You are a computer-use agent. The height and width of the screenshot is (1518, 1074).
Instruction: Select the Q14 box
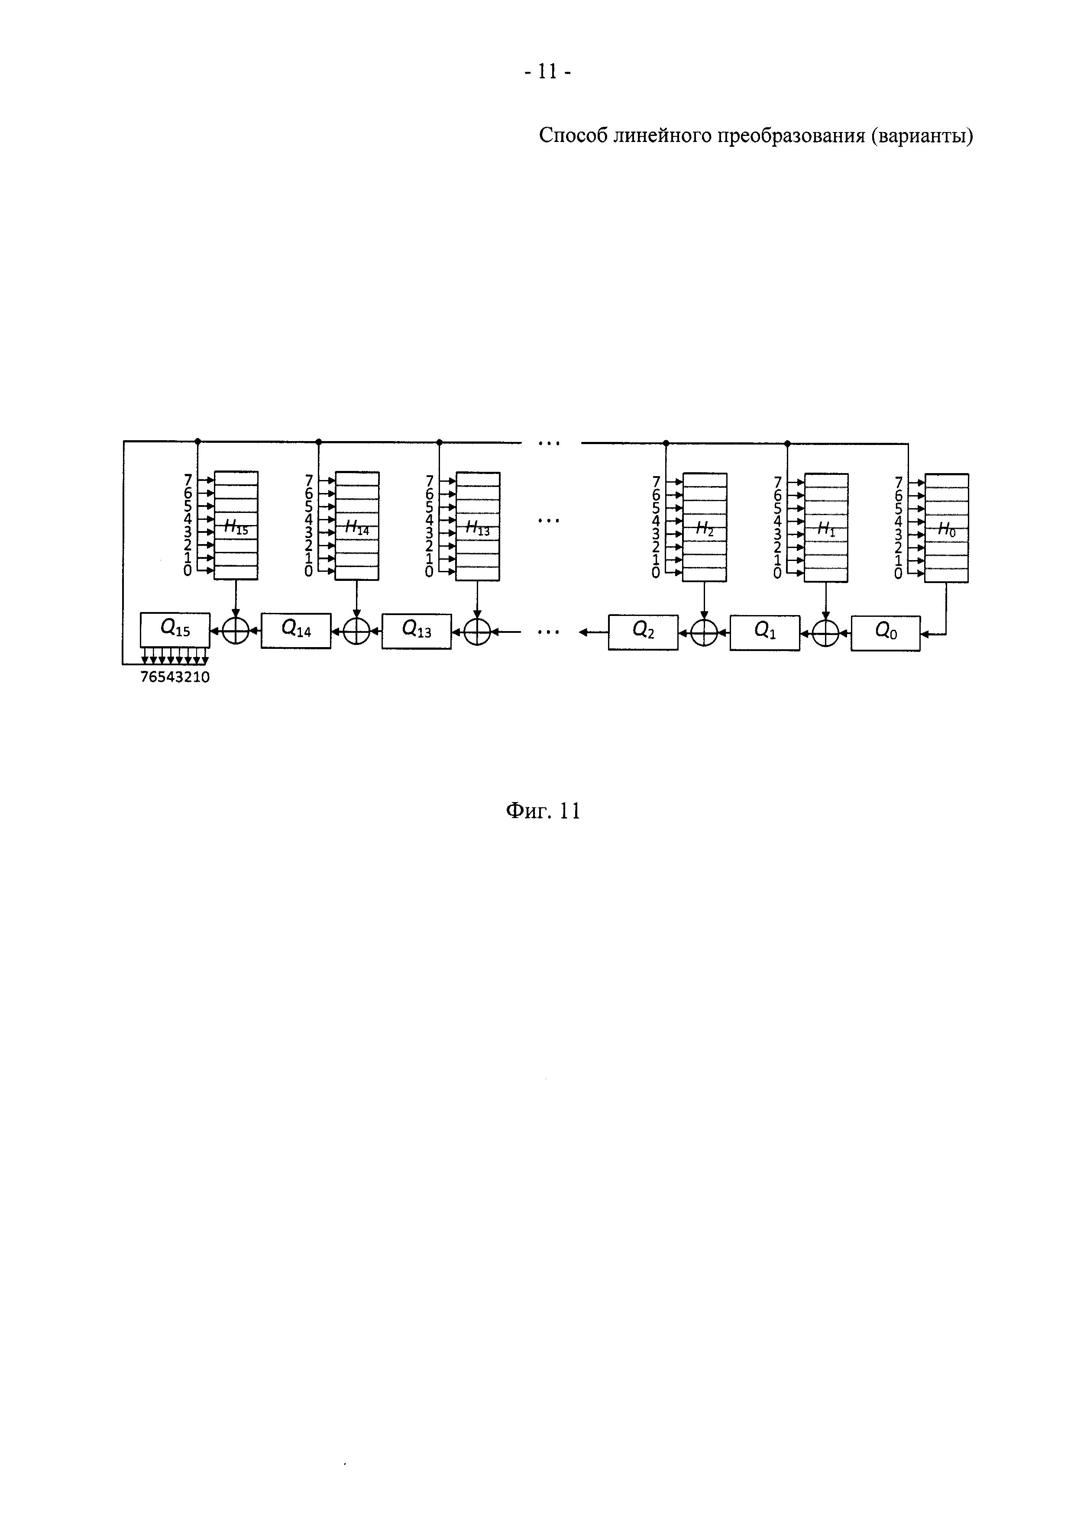[x=296, y=630]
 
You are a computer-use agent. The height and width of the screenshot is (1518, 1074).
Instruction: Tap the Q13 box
[x=417, y=632]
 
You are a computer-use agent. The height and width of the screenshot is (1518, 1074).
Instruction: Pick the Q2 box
[x=643, y=632]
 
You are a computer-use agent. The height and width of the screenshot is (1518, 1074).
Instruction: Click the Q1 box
[x=764, y=633]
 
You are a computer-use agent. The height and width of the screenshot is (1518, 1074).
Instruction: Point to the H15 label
[x=236, y=528]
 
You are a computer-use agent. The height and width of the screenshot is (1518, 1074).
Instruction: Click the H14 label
[x=357, y=528]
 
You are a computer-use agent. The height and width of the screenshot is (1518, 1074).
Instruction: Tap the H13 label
[x=478, y=528]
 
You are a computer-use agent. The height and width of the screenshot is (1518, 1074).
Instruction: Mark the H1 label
[x=826, y=529]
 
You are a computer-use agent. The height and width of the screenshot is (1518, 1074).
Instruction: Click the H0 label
[x=946, y=529]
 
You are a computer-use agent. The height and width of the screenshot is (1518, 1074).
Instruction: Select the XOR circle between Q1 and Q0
[x=825, y=633]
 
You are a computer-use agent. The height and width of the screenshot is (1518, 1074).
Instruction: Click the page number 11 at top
[x=547, y=71]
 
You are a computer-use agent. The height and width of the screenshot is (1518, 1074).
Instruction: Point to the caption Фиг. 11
[x=543, y=811]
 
